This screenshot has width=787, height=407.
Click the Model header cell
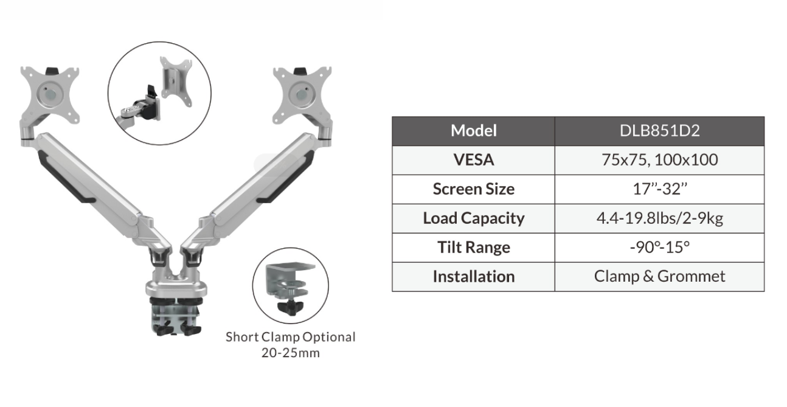pos(474,131)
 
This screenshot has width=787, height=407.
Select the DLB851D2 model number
pos(659,131)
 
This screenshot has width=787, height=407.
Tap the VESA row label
pos(474,160)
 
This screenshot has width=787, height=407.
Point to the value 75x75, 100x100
pos(659,160)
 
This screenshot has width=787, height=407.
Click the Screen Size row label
pos(474,189)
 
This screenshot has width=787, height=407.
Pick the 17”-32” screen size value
pos(659,189)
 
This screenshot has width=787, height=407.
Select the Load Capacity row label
pos(474,218)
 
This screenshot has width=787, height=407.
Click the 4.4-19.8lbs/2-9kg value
pos(659,218)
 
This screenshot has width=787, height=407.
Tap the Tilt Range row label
pos(474,248)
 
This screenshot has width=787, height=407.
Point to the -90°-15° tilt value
pos(659,248)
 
